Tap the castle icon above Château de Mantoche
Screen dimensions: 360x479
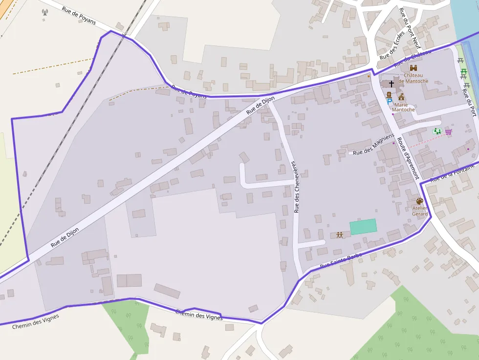[414, 68]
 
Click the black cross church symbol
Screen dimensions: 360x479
[391, 84]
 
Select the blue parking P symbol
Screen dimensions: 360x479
[390, 101]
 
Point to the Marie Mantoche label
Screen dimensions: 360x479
[403, 107]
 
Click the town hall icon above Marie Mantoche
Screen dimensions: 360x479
[401, 97]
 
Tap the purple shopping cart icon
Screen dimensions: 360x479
[448, 131]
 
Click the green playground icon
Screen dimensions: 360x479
[437, 131]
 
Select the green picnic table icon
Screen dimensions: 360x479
[463, 73]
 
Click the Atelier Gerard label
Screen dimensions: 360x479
[419, 211]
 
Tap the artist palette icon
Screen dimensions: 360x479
[419, 201]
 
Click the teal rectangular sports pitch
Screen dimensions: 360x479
[363, 227]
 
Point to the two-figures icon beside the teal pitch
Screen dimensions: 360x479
[340, 235]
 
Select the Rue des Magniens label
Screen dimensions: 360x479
[373, 146]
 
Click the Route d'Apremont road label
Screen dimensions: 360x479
[408, 157]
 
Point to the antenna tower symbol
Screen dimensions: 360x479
[45, 12]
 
